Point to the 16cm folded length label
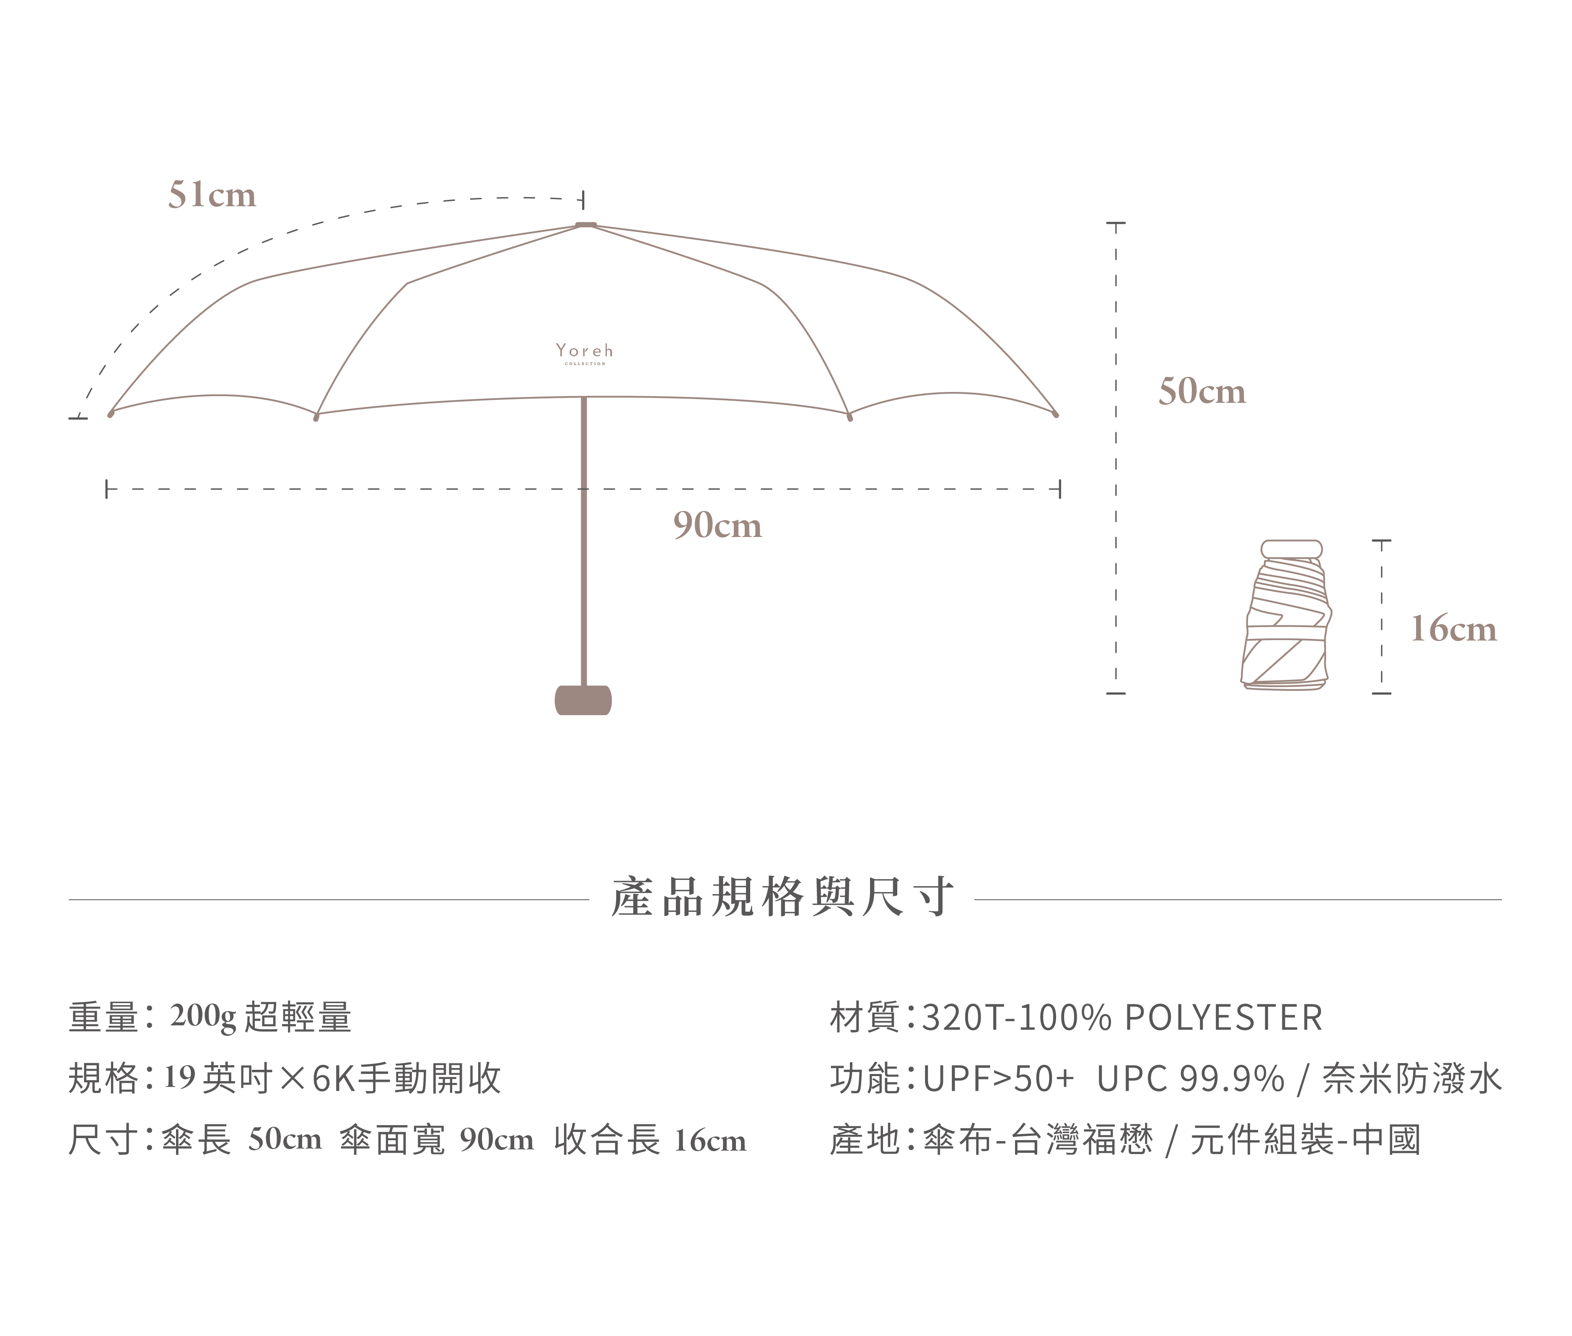pos(1453,629)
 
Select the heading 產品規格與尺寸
pos(782,898)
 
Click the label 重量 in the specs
pos(103,1017)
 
